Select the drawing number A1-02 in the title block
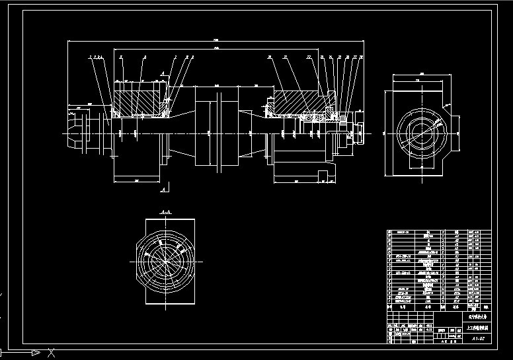click(479, 338)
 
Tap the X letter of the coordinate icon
click(51, 351)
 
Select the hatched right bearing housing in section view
click(294, 102)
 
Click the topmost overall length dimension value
click(216, 40)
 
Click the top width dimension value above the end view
click(418, 79)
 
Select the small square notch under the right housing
click(322, 174)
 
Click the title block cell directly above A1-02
click(479, 326)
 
